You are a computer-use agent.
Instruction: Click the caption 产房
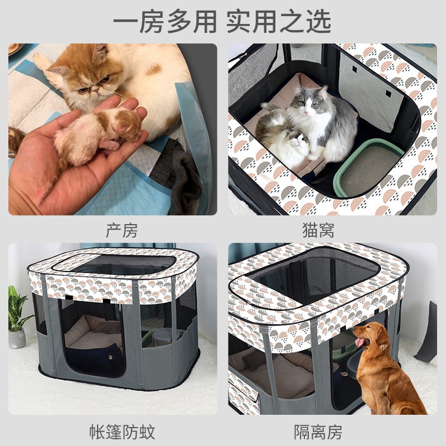point(121,230)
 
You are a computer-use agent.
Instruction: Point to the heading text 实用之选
point(279,22)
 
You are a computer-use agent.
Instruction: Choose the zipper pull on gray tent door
point(119,307)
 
